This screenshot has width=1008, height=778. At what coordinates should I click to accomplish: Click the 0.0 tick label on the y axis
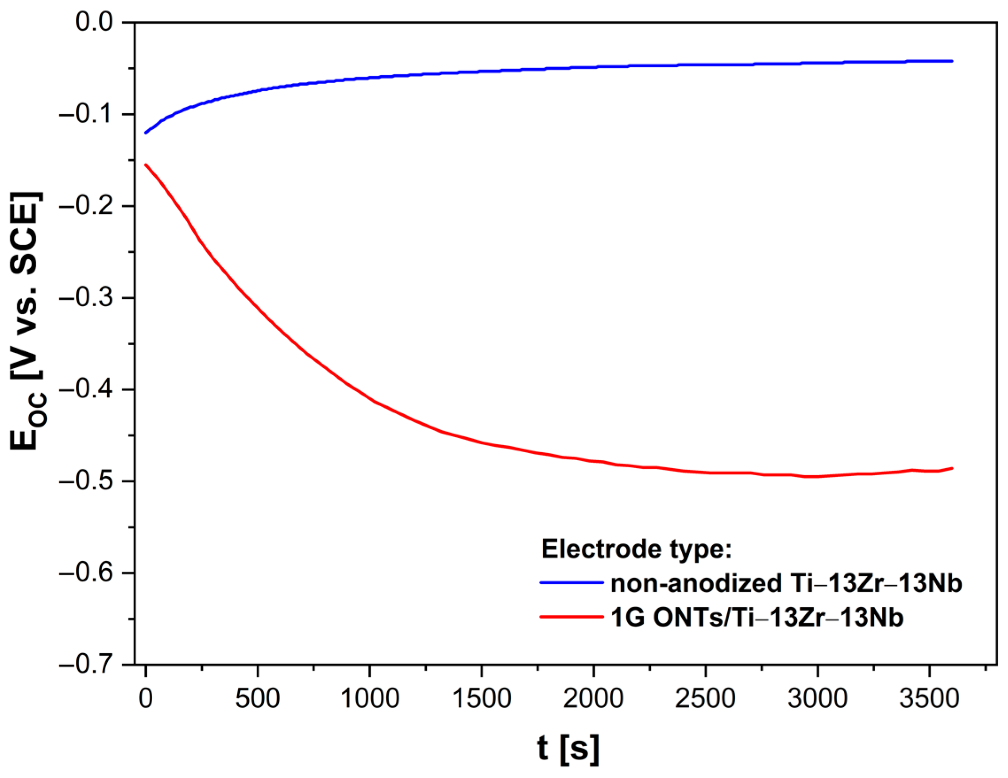pyautogui.click(x=94, y=22)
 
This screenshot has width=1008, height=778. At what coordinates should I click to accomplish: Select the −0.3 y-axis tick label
pyautogui.click(x=86, y=298)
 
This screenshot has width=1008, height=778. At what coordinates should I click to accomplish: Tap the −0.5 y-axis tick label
pyautogui.click(x=86, y=481)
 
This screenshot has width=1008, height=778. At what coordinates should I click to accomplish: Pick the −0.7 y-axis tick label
pyautogui.click(x=86, y=665)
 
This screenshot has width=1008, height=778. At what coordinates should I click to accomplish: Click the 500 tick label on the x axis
pyautogui.click(x=257, y=699)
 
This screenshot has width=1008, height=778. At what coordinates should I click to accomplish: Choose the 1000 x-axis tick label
pyautogui.click(x=369, y=699)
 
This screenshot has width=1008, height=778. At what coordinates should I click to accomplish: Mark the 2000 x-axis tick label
pyautogui.click(x=593, y=699)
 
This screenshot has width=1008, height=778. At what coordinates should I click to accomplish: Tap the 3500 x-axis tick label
pyautogui.click(x=929, y=699)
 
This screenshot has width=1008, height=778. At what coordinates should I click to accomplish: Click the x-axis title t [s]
pyautogui.click(x=568, y=748)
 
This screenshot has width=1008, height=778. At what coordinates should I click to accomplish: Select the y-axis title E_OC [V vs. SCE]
pyautogui.click(x=27, y=320)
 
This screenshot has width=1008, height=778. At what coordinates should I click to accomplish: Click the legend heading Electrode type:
pyautogui.click(x=637, y=549)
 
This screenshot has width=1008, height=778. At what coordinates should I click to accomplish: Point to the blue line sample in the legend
pyautogui.click(x=572, y=583)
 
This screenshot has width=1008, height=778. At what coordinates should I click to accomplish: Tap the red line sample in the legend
pyautogui.click(x=572, y=617)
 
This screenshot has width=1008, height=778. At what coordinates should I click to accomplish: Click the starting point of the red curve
pyautogui.click(x=146, y=164)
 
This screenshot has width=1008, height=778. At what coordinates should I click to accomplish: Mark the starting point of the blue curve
pyautogui.click(x=146, y=133)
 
